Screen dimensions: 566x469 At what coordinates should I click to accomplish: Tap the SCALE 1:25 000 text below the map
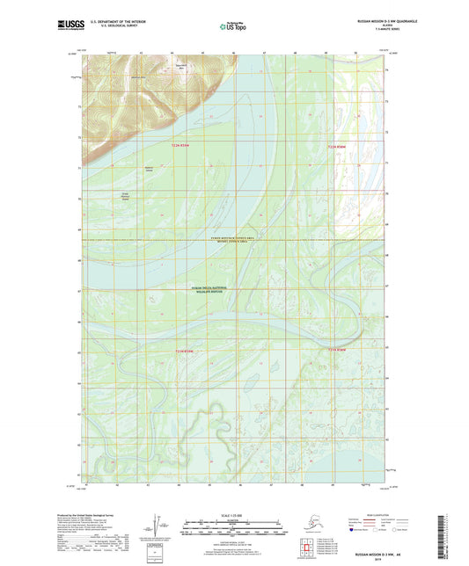click(x=234, y=514)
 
